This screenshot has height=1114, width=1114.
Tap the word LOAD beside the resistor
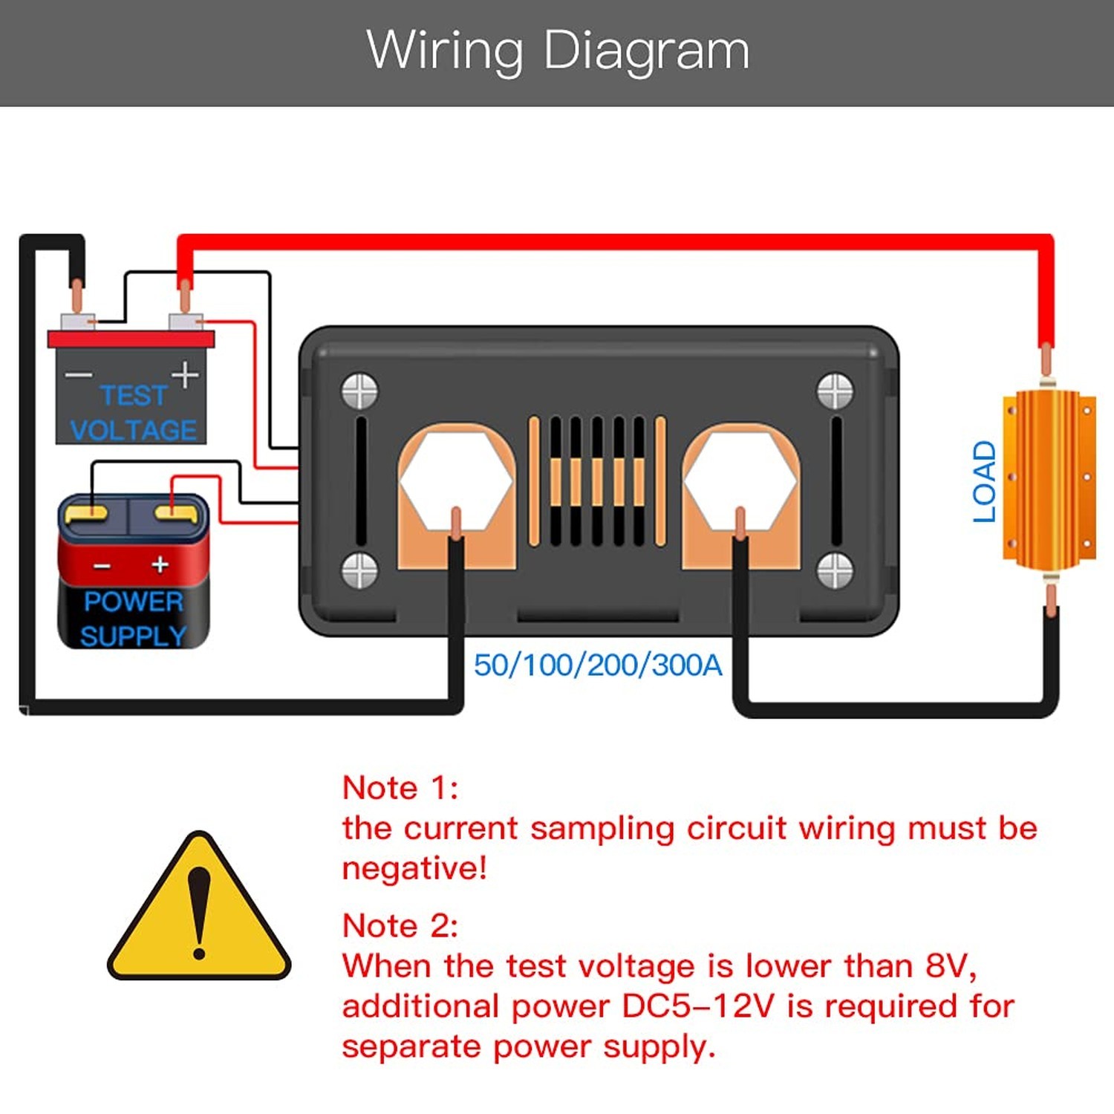[x=985, y=481]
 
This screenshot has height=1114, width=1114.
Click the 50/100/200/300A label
[x=598, y=665]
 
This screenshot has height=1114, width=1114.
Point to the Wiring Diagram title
[x=558, y=51]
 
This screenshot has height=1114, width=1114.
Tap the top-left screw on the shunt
[x=359, y=391]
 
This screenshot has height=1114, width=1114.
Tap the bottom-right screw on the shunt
[x=835, y=570]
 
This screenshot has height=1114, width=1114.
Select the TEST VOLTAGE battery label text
[x=134, y=413]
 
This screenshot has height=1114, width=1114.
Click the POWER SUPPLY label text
[x=134, y=619]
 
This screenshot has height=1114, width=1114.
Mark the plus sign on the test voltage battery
[x=185, y=374]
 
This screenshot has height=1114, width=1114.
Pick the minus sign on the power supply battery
[x=102, y=567]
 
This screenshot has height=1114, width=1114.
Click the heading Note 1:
[x=400, y=788]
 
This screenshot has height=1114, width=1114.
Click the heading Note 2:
[x=400, y=926]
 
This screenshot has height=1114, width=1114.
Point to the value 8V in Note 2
[x=951, y=966]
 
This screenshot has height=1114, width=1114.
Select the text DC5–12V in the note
[x=698, y=1006]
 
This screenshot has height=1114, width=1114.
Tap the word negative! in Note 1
[x=414, y=868]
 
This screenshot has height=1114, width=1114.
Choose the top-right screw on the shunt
[x=835, y=391]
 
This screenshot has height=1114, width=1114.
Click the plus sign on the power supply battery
[x=160, y=564]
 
